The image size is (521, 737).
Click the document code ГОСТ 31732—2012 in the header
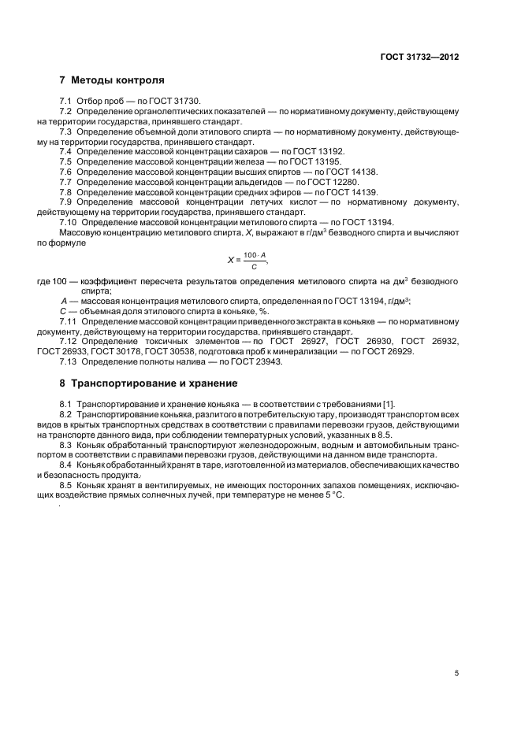click(x=419, y=57)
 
